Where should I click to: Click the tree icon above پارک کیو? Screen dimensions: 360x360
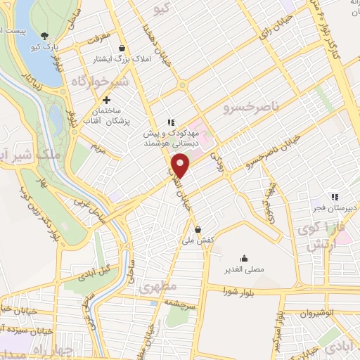point(46,36)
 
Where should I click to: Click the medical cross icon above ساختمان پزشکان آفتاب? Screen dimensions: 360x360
point(106,101)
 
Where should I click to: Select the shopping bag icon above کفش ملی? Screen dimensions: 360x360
point(199,229)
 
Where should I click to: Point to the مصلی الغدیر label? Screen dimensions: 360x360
point(244,269)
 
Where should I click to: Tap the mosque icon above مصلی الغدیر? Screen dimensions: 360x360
point(243,257)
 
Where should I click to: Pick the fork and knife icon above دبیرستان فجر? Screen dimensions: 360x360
point(335,197)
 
